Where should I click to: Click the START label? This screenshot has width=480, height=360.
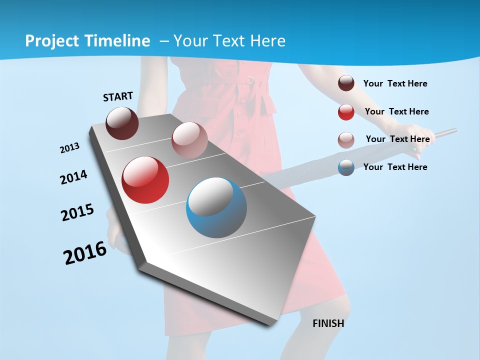click(118, 96)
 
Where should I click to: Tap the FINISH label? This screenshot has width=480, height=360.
click(328, 323)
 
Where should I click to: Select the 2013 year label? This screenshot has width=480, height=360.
click(69, 148)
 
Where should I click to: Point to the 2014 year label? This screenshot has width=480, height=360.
click(73, 177)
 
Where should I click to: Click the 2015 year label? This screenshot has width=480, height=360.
click(77, 212)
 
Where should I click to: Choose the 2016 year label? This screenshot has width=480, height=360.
click(85, 253)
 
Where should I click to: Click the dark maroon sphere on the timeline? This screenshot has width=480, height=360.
click(122, 123)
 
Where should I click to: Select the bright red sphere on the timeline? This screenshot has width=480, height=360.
click(145, 180)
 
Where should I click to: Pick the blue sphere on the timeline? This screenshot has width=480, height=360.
click(216, 207)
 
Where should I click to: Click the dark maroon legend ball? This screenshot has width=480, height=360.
click(346, 83)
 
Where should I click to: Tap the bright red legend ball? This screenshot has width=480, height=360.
click(346, 112)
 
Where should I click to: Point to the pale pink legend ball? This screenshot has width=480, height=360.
click(346, 139)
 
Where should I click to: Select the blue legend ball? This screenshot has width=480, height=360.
click(346, 167)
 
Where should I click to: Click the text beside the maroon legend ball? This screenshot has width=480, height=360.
click(395, 83)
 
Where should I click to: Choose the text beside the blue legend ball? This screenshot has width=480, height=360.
click(395, 167)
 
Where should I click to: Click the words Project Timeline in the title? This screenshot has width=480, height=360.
click(87, 41)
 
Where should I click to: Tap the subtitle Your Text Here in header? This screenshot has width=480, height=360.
click(229, 41)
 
